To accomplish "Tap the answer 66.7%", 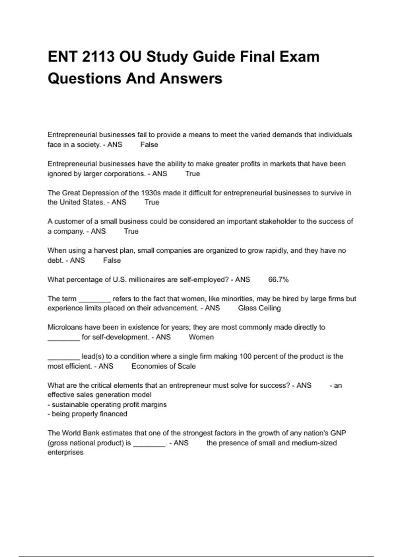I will pyautogui.click(x=278, y=279).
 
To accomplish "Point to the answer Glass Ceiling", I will pyautogui.click(x=259, y=308).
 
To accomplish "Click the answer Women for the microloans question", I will pyautogui.click(x=201, y=337).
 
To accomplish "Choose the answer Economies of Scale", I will pyautogui.click(x=163, y=366).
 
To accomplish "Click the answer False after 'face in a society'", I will pyautogui.click(x=149, y=144).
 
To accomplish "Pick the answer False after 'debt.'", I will pyautogui.click(x=112, y=260).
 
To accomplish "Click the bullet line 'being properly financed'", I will pyautogui.click(x=87, y=414).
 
